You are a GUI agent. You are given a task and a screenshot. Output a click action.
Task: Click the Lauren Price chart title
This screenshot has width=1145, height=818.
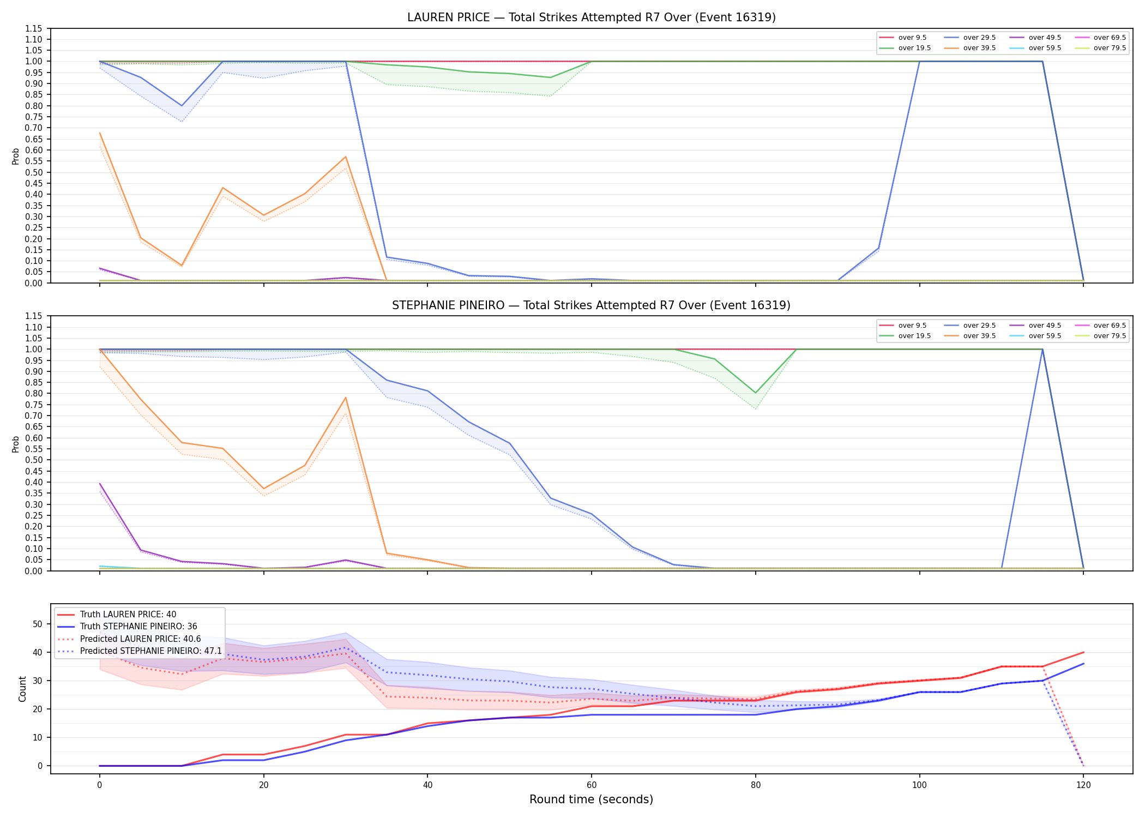pos(591,17)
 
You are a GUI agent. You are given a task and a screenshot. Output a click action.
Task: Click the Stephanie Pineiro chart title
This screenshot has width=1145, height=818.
pos(591,305)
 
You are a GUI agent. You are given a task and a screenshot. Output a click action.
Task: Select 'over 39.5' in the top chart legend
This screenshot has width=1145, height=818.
pos(979,48)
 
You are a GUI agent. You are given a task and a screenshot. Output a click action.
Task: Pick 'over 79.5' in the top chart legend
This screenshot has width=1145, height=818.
pos(1110,48)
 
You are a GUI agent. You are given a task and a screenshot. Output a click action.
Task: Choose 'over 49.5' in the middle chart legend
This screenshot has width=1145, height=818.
pos(1045,326)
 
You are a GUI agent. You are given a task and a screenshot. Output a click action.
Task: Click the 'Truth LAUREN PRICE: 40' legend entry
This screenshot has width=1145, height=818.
pos(128,615)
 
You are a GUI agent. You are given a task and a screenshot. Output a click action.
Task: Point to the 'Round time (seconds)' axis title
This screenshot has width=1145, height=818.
pos(591,799)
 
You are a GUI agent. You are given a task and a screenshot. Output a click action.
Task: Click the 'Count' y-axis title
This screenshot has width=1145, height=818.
pos(22,689)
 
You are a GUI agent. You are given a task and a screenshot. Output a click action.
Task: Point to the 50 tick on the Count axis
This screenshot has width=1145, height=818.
pos(38,624)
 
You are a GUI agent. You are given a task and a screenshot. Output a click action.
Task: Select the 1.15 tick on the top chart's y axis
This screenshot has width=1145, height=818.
pos(33,28)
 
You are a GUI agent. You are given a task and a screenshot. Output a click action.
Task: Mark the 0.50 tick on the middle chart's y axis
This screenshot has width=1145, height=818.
pos(33,460)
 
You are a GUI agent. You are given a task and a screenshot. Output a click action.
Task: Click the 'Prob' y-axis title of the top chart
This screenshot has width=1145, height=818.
pos(16,157)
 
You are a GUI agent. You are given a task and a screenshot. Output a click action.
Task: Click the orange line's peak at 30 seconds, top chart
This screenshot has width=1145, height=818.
pos(346,157)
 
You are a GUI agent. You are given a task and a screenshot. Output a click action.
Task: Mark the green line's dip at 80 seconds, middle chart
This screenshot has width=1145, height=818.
pos(756,393)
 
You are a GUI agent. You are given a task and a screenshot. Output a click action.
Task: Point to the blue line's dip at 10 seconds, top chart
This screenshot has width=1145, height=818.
pos(182,106)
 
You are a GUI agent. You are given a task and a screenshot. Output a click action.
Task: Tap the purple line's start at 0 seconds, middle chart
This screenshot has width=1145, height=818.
pos(100,484)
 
